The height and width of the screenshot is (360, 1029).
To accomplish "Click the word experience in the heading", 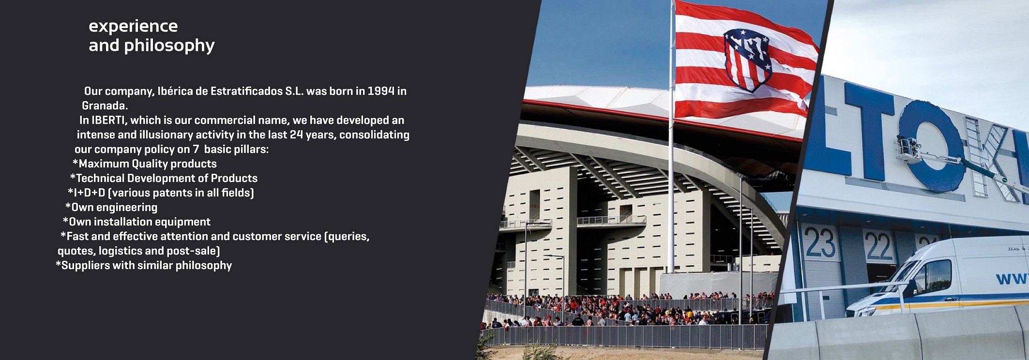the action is pos(133,27).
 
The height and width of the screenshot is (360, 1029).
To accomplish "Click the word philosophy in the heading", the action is pos(169,46).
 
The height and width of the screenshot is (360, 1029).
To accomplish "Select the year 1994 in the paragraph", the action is pos(381,91).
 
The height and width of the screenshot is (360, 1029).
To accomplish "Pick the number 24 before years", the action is pos(296,135).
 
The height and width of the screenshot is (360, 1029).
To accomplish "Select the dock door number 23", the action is pos(820,243).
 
